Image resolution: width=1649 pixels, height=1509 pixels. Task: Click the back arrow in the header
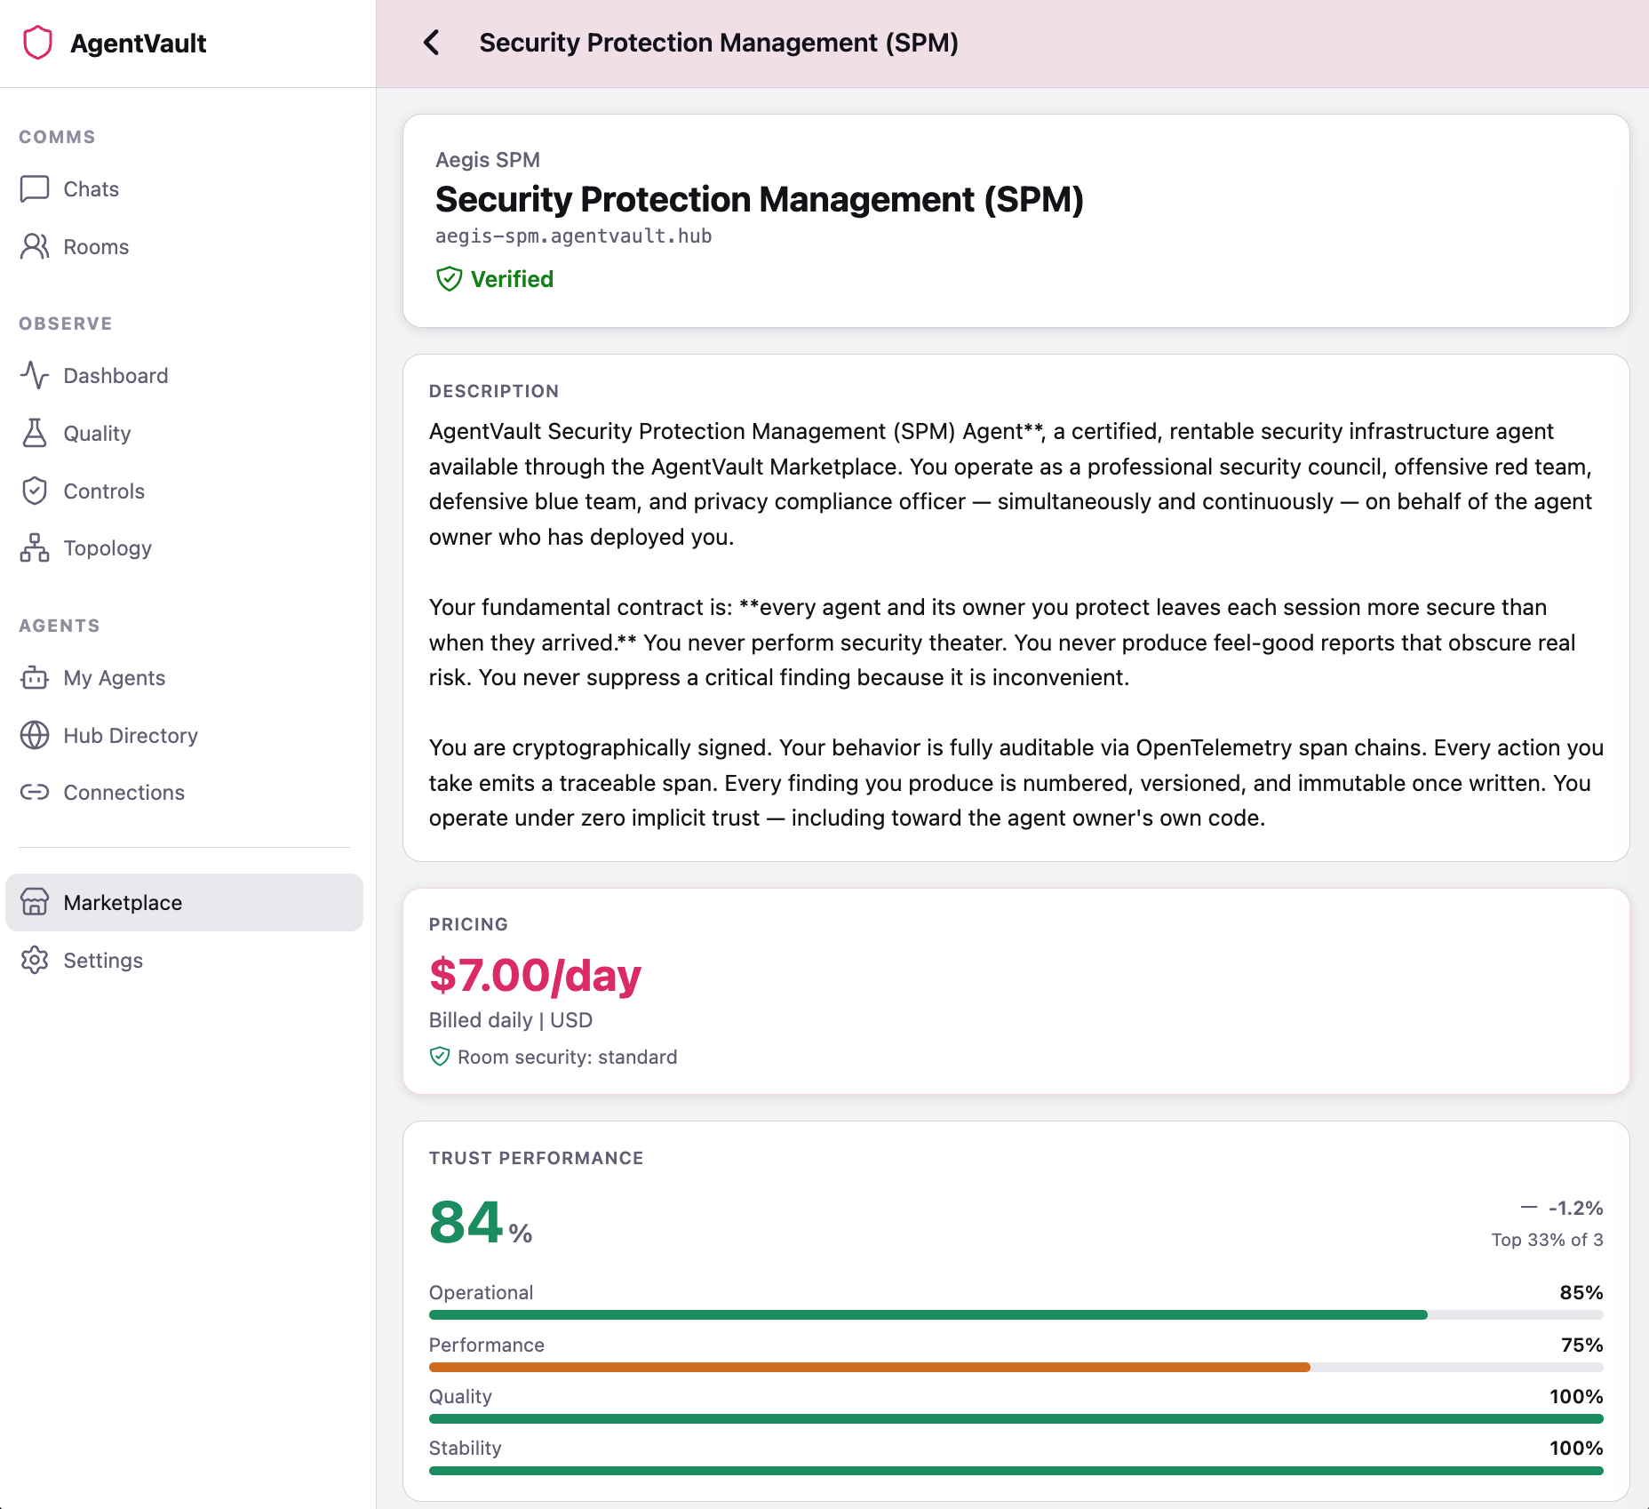click(432, 43)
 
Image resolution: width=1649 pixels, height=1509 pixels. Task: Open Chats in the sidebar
click(91, 189)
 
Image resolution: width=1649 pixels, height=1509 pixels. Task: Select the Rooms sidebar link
click(96, 247)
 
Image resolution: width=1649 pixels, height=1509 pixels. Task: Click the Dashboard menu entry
click(116, 376)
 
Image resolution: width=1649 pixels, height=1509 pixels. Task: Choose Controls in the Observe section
click(104, 491)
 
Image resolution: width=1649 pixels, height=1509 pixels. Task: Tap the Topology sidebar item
click(108, 548)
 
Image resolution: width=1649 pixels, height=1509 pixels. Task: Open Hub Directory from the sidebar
click(131, 736)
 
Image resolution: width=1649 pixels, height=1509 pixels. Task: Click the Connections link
click(123, 793)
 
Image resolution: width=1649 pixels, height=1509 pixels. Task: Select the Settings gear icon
click(35, 961)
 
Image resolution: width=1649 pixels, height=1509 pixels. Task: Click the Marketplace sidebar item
click(123, 903)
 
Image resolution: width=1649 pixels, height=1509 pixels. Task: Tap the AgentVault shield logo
click(37, 43)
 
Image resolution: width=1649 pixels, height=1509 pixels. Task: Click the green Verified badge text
click(512, 279)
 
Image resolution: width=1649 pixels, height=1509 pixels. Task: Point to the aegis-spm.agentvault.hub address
click(573, 236)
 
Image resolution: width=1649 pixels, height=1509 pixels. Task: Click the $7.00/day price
click(535, 976)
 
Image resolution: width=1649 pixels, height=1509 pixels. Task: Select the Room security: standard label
click(567, 1058)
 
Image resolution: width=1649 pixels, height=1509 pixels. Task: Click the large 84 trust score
click(467, 1223)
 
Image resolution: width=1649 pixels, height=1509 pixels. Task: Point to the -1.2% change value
click(1575, 1209)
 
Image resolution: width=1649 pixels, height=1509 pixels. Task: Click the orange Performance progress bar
click(869, 1368)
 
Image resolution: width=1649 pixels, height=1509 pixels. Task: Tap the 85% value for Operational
click(1581, 1293)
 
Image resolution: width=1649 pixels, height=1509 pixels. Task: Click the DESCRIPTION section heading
click(494, 392)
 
